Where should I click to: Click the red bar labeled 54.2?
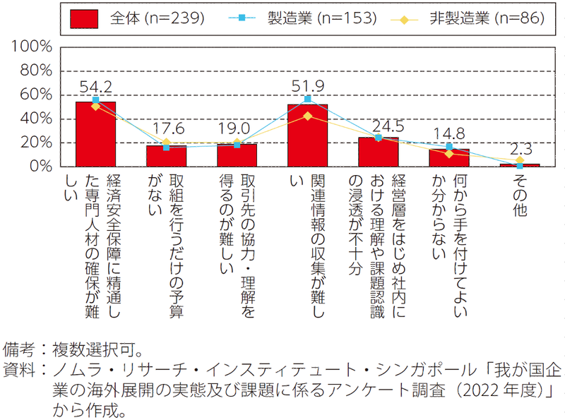[95, 134]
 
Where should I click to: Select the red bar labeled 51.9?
[307, 136]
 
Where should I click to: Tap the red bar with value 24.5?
[379, 152]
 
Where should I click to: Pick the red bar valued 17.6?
[166, 156]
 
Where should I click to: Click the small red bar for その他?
[520, 165]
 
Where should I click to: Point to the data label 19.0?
[234, 128]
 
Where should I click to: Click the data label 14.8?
[449, 134]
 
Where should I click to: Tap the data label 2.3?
[521, 149]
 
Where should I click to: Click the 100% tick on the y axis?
[32, 47]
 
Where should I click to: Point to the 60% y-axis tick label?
[36, 95]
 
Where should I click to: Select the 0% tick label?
[41, 166]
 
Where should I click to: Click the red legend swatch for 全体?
[84, 19]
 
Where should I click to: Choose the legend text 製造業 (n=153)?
[322, 18]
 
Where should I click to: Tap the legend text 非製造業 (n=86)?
[487, 18]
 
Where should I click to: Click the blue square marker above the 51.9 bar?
[307, 99]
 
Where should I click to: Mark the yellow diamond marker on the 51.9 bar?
[307, 116]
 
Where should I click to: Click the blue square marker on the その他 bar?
[520, 166]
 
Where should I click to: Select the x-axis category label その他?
[520, 196]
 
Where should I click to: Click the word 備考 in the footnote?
[19, 349]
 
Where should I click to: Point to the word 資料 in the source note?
[19, 370]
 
